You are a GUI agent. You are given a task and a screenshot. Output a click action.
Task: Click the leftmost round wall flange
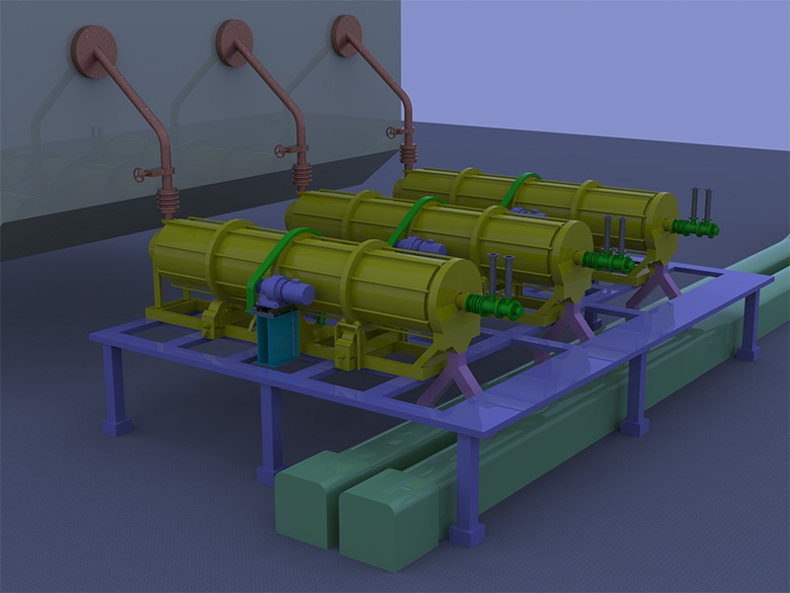(x=94, y=50)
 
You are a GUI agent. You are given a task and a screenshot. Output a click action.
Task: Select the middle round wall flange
(x=235, y=43)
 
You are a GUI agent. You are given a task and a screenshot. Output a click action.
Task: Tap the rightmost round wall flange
(x=347, y=36)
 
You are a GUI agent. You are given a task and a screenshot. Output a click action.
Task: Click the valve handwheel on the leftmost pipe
(x=140, y=175)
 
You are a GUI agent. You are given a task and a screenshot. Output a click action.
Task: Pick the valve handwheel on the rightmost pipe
(x=393, y=132)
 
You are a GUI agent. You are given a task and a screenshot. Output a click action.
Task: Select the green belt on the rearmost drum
(x=518, y=188)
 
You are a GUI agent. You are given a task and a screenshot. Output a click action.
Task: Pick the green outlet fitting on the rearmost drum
(x=696, y=228)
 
